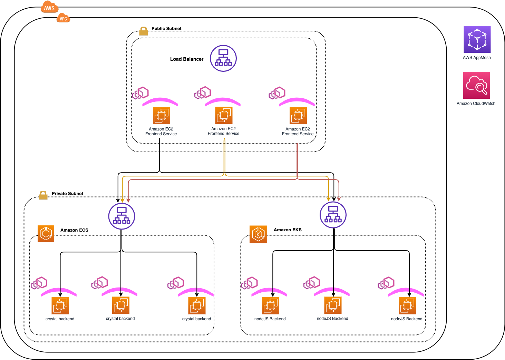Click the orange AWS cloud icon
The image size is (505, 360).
[49, 7]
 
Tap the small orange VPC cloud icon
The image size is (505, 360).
[63, 18]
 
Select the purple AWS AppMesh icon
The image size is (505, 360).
[477, 39]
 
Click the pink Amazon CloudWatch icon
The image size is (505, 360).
[476, 85]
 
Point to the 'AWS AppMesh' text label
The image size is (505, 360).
[477, 58]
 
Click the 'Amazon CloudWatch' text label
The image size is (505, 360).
[476, 104]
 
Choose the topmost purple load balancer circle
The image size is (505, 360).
[223, 58]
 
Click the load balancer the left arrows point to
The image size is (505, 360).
[122, 216]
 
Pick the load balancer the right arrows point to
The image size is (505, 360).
[333, 215]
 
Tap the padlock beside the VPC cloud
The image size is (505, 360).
[144, 31]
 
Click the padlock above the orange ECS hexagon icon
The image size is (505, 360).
[43, 195]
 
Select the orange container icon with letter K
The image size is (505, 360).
[258, 234]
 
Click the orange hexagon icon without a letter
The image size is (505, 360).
[46, 234]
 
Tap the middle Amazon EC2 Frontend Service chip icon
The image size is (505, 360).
[224, 115]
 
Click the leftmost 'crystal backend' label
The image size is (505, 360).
[60, 319]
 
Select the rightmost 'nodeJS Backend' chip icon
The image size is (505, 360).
[407, 306]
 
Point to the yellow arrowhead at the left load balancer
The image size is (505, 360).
[122, 201]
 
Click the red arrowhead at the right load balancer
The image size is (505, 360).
[339, 199]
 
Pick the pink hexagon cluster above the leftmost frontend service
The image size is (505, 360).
[140, 93]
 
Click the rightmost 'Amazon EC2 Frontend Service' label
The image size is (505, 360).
[298, 132]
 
